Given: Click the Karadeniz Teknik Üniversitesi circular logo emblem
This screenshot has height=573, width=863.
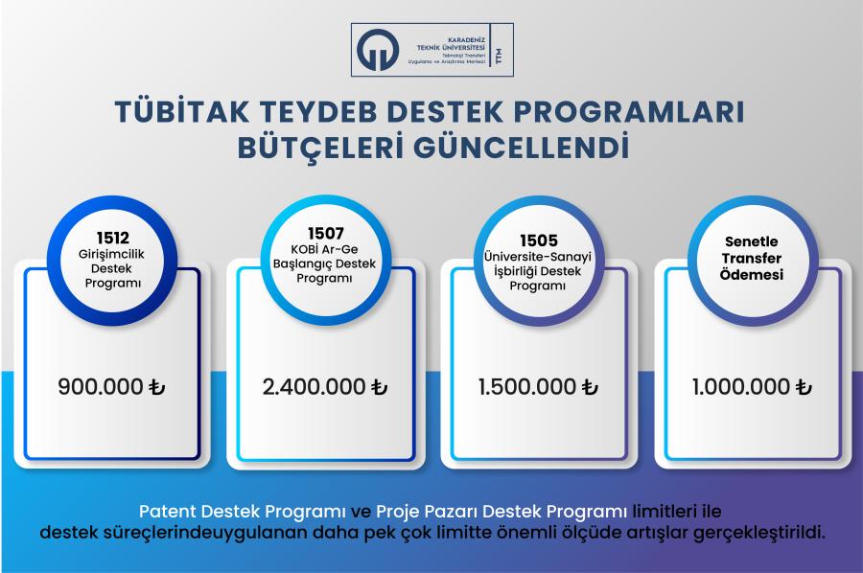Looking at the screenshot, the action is tap(377, 50).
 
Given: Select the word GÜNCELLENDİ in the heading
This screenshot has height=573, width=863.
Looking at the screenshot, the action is tap(521, 148).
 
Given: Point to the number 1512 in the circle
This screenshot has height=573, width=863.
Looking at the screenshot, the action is tap(113, 238).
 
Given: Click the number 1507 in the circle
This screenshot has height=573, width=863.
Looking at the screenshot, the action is tap(326, 234).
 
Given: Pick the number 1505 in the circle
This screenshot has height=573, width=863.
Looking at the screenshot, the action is tap(539, 241).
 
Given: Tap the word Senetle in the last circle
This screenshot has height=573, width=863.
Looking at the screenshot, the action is tap(751, 241).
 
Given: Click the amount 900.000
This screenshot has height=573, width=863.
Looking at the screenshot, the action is tap(101, 386).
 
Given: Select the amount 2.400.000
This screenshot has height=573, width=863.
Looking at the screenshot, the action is tap(314, 386).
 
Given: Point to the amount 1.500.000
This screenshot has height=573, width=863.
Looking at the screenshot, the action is tap(526, 386).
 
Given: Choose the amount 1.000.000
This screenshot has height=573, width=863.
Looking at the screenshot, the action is tap(741, 386).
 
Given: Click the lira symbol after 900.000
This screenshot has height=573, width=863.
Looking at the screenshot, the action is tap(157, 386).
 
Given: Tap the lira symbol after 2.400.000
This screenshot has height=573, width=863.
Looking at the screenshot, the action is tap(379, 386).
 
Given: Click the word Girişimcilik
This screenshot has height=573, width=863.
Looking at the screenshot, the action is tap(111, 255).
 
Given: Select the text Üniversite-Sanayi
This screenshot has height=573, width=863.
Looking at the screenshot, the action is tap(538, 257).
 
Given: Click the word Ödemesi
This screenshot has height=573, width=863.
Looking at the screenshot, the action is tap(751, 274).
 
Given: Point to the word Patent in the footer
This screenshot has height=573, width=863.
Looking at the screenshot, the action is tap(167, 512).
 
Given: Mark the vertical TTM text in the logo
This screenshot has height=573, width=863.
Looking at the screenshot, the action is tap(500, 57).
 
